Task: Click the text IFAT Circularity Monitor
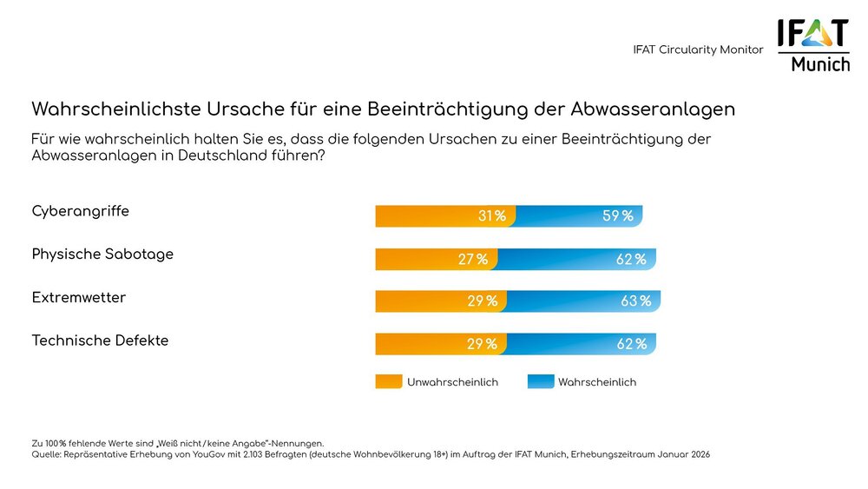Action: (x=698, y=50)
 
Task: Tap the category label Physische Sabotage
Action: (x=102, y=254)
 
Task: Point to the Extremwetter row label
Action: (x=78, y=298)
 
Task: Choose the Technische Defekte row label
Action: (x=100, y=340)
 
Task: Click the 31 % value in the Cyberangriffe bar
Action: (x=491, y=216)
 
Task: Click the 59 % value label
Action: (x=617, y=216)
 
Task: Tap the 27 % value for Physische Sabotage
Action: (x=474, y=259)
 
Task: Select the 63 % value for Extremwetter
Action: (x=635, y=301)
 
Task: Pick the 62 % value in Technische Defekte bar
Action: (x=631, y=344)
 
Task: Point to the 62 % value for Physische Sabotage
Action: (x=631, y=259)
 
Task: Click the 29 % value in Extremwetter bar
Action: (x=482, y=301)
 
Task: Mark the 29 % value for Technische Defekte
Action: (x=482, y=344)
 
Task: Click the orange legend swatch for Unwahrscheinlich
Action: (x=389, y=382)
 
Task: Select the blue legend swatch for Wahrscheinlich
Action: (x=540, y=382)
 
